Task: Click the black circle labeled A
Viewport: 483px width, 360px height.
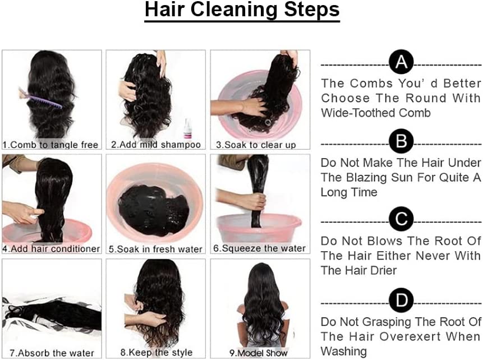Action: [401, 62]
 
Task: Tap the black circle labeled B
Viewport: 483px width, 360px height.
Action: [401, 141]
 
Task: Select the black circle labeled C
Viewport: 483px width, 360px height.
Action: [401, 219]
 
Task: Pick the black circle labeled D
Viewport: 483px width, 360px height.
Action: [401, 300]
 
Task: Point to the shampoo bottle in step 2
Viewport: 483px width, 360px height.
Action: [187, 129]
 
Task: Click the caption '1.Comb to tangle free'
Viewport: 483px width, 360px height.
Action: [50, 145]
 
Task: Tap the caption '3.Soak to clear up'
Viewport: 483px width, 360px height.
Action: [256, 145]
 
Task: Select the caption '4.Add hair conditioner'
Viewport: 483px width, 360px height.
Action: [51, 248]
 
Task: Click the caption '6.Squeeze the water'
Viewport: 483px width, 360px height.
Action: [259, 248]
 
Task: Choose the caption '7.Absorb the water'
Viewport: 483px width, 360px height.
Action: [52, 353]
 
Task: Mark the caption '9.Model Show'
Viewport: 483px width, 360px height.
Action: [259, 353]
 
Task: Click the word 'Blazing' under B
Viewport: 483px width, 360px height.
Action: [366, 178]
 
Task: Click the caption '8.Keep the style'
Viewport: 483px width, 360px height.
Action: [157, 352]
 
